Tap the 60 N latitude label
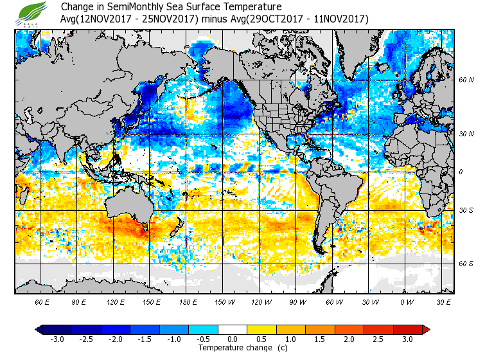[x=466, y=80]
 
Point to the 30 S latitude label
[x=466, y=211]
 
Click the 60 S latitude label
[x=466, y=264]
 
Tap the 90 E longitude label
[x=78, y=302]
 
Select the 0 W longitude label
[x=405, y=302]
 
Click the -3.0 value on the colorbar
[x=57, y=339]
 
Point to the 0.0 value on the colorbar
[x=233, y=339]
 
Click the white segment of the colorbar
[x=233, y=330]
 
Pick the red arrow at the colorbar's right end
[x=425, y=330]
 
